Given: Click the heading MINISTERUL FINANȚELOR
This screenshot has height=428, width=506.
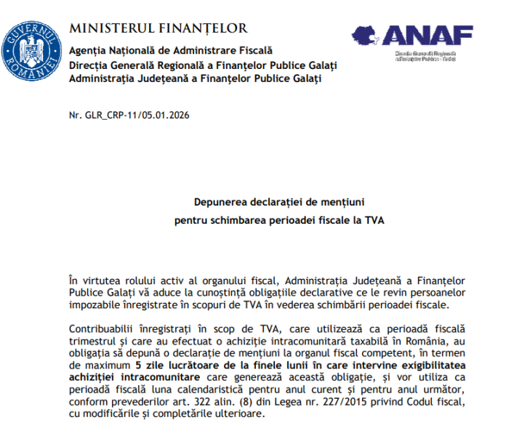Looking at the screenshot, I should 158,29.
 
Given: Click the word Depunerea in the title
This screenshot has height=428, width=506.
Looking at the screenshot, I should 218,203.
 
